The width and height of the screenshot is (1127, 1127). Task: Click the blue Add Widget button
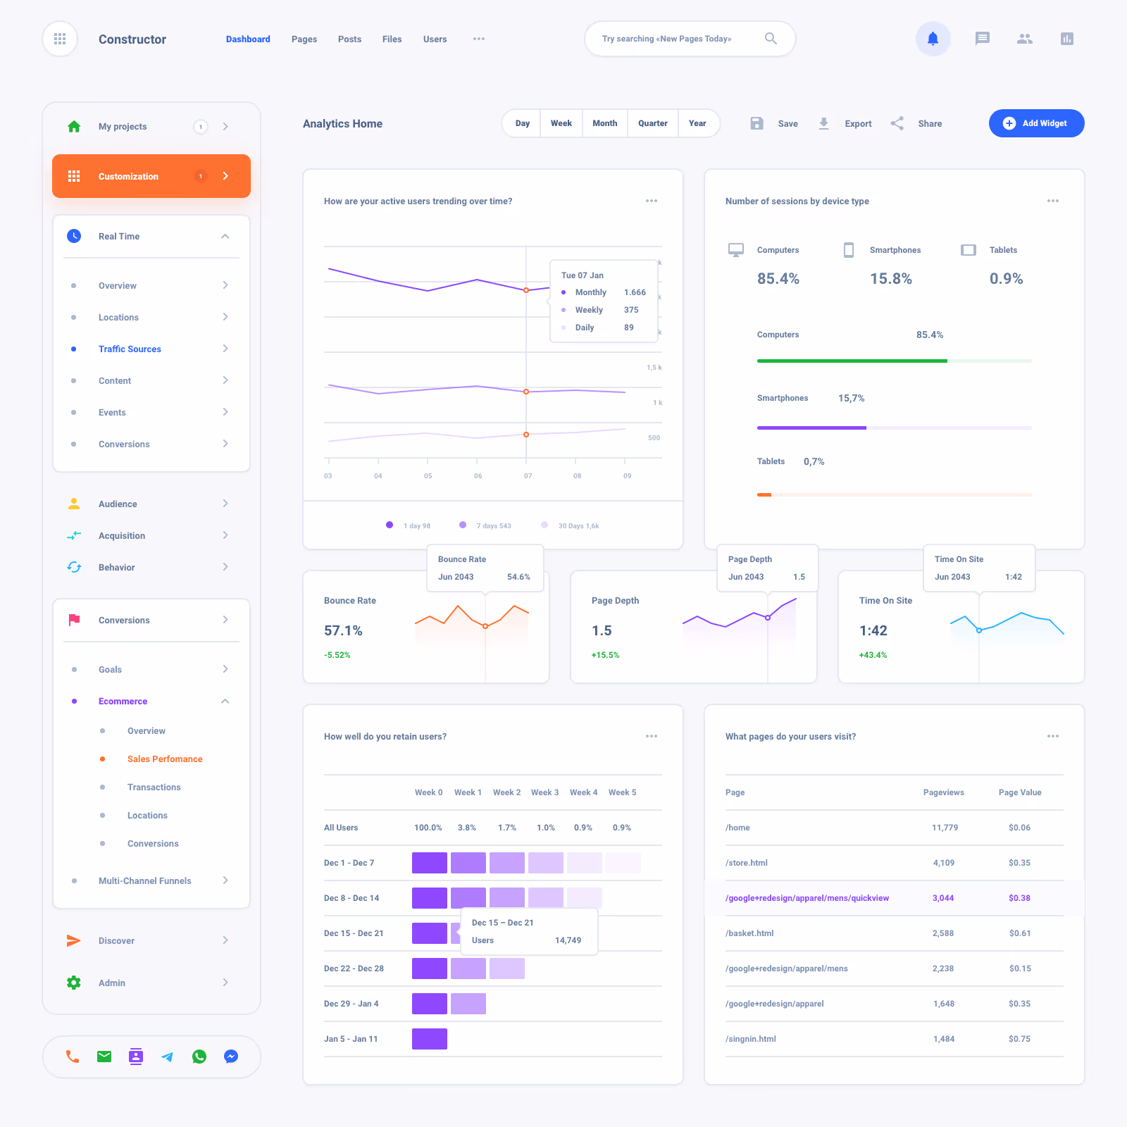pyautogui.click(x=1036, y=123)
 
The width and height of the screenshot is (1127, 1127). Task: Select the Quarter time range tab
pyautogui.click(x=652, y=123)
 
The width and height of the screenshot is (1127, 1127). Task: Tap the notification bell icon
pyautogui.click(x=933, y=39)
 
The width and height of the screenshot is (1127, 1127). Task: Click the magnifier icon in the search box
pyautogui.click(x=771, y=39)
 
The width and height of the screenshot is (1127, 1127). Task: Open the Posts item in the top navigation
pyautogui.click(x=349, y=39)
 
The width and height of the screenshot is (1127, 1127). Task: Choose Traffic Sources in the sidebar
pyautogui.click(x=130, y=349)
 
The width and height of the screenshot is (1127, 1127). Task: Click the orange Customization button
pyautogui.click(x=151, y=176)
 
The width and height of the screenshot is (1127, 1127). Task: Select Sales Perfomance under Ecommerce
pyautogui.click(x=165, y=759)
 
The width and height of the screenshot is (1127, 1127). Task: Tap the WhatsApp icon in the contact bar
pyautogui.click(x=199, y=1057)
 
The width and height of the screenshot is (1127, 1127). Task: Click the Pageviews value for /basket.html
pyautogui.click(x=943, y=933)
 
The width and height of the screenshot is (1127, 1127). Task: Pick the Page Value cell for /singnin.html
pyautogui.click(x=1019, y=1039)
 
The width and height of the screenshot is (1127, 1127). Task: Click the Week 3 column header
pyautogui.click(x=544, y=792)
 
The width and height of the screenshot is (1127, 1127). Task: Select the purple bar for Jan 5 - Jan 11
pyautogui.click(x=430, y=1039)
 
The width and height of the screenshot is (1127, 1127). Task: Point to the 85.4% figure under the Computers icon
pyautogui.click(x=778, y=279)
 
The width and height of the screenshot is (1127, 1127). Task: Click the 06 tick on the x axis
pyautogui.click(x=478, y=476)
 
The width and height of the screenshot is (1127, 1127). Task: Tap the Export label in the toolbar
pyautogui.click(x=858, y=124)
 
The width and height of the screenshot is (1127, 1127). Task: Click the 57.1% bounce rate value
pyautogui.click(x=343, y=630)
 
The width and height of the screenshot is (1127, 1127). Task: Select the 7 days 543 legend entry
pyautogui.click(x=493, y=525)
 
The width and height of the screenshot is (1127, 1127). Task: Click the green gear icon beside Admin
pyautogui.click(x=74, y=983)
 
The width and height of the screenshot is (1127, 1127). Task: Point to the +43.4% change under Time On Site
pyautogui.click(x=873, y=655)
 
